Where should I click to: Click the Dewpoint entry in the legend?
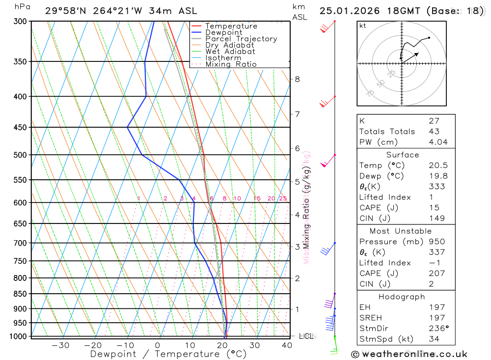[x=223, y=32]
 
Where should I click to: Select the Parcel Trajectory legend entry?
[x=241, y=39]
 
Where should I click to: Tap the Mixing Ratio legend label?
[x=231, y=64]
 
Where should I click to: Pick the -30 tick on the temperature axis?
[x=60, y=345]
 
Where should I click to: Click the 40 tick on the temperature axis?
[x=287, y=345]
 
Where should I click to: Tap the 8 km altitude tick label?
[x=297, y=79]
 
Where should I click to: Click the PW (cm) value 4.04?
[x=436, y=142]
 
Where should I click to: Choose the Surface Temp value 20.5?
[x=436, y=166]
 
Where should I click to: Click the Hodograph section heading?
[x=402, y=297]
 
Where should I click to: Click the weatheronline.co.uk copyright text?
[x=409, y=354]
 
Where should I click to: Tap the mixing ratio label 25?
[x=283, y=198]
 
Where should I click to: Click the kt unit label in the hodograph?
[x=363, y=26]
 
